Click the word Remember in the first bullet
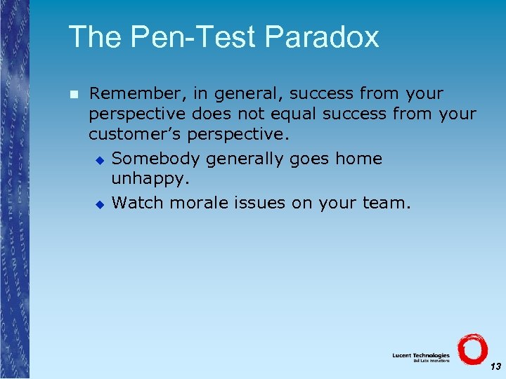[134, 93]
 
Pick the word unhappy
[150, 179]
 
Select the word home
[358, 159]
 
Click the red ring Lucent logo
[472, 349]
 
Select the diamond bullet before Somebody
[100, 160]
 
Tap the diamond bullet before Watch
[100, 204]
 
